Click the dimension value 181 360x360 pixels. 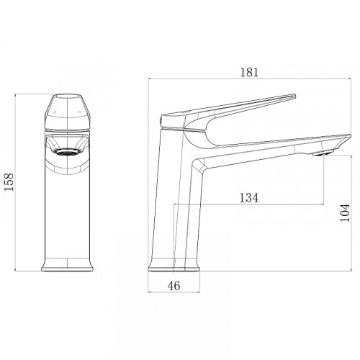coord(250,72)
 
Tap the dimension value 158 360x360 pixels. coord(9,181)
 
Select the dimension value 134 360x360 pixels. coord(249,198)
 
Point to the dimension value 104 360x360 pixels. coord(345,212)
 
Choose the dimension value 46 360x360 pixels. coord(174,286)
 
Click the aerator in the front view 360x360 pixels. coord(67,152)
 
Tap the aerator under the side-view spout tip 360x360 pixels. coord(323,153)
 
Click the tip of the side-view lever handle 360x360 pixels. coord(294,96)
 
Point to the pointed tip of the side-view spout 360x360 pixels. coord(350,136)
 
